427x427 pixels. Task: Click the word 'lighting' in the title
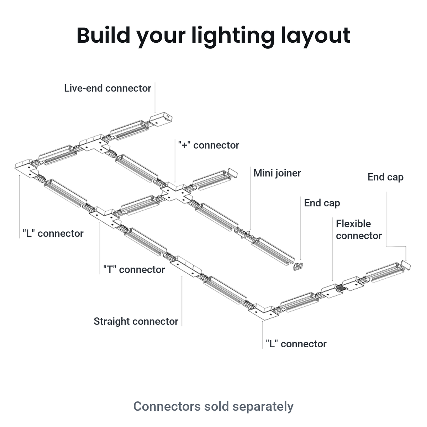[233, 36]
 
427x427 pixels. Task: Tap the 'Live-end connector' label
[108, 88]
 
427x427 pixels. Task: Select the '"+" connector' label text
[209, 145]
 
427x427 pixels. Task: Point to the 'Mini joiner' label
[277, 173]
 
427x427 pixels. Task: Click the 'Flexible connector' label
[359, 230]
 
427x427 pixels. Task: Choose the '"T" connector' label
[134, 269]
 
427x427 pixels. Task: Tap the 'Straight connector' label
[136, 321]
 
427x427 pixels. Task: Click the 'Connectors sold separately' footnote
[213, 406]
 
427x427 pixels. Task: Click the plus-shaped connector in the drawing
[176, 193]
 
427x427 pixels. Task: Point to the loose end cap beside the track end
[298, 267]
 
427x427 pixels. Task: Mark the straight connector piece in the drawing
[186, 267]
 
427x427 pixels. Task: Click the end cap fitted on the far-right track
[406, 265]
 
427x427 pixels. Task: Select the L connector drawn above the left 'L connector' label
[26, 168]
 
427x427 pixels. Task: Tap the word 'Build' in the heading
[104, 36]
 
